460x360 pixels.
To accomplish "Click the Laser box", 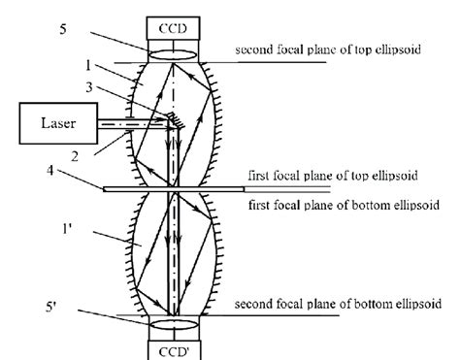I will point(55,124).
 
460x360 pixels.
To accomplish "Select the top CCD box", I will point(174,26).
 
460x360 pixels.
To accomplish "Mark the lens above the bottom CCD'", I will point(174,322).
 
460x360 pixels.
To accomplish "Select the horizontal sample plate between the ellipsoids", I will point(175,188).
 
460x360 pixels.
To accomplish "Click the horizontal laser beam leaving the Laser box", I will point(126,123).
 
